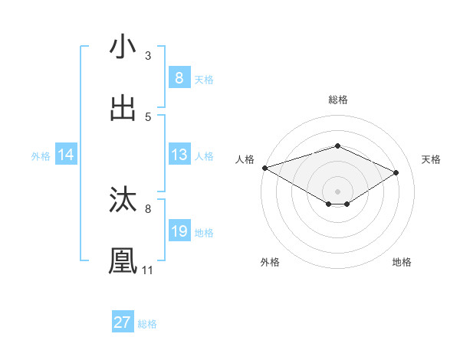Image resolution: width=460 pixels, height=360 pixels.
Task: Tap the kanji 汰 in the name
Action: coord(123,200)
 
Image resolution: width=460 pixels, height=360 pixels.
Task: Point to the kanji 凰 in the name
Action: coord(123,261)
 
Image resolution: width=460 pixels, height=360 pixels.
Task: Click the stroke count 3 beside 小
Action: coord(148,56)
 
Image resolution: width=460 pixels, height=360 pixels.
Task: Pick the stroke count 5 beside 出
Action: coord(148,117)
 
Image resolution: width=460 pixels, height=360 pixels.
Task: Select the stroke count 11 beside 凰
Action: coord(148,270)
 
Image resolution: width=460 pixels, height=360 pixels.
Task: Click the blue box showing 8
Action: coord(179,78)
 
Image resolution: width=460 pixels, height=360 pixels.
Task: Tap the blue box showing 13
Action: coord(179,155)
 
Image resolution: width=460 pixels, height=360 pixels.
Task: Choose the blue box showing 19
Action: coord(179,231)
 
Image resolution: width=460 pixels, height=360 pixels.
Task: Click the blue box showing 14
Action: coord(66,155)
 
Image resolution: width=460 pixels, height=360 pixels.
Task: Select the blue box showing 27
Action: coord(123,322)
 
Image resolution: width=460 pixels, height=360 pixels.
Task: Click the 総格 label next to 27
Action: coord(147,324)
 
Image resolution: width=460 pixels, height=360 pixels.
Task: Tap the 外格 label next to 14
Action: coord(41,156)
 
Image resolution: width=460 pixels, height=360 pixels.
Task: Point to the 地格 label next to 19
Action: coord(204,233)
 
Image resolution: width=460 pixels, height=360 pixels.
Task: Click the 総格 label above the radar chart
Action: coord(337,100)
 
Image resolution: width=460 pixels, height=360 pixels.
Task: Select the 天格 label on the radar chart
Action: coord(431,159)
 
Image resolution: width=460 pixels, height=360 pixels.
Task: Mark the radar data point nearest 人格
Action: coord(264,167)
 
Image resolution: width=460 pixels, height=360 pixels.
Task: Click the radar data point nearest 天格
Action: coord(396,172)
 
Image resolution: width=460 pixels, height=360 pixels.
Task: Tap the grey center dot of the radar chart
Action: coord(337,191)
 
